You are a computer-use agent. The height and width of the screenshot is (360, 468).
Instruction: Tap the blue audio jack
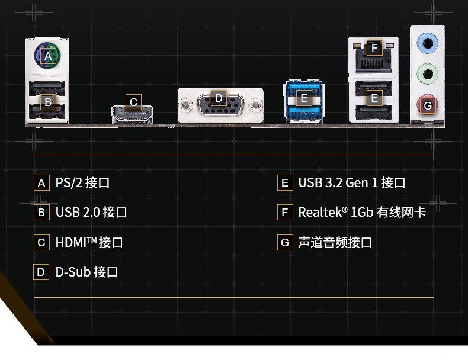coord(427,43)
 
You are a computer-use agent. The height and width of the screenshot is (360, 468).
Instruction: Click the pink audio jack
coord(427,105)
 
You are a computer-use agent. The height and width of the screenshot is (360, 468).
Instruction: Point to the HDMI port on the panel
coord(133,114)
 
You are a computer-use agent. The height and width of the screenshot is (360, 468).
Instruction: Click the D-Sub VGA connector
coord(219,106)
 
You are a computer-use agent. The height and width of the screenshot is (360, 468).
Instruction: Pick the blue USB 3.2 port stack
coord(304,101)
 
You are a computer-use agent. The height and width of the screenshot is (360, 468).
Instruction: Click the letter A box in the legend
coord(41,183)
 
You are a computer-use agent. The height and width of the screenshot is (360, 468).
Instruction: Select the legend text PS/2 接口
coord(82,183)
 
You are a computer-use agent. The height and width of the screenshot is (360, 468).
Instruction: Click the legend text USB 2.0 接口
coord(91,213)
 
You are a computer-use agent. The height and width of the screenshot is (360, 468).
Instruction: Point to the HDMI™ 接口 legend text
coord(89,243)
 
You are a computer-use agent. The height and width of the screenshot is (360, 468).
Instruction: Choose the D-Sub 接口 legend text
coord(86,272)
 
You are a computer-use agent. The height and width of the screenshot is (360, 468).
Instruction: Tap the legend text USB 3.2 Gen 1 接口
coord(352,183)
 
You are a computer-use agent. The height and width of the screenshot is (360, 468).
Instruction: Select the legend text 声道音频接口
coord(335,243)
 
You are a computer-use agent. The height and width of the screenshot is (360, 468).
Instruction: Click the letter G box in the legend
coord(285,243)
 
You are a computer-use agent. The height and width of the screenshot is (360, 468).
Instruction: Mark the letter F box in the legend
coord(285,213)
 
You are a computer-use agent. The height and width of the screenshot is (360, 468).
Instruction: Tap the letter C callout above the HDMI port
coord(133,102)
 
